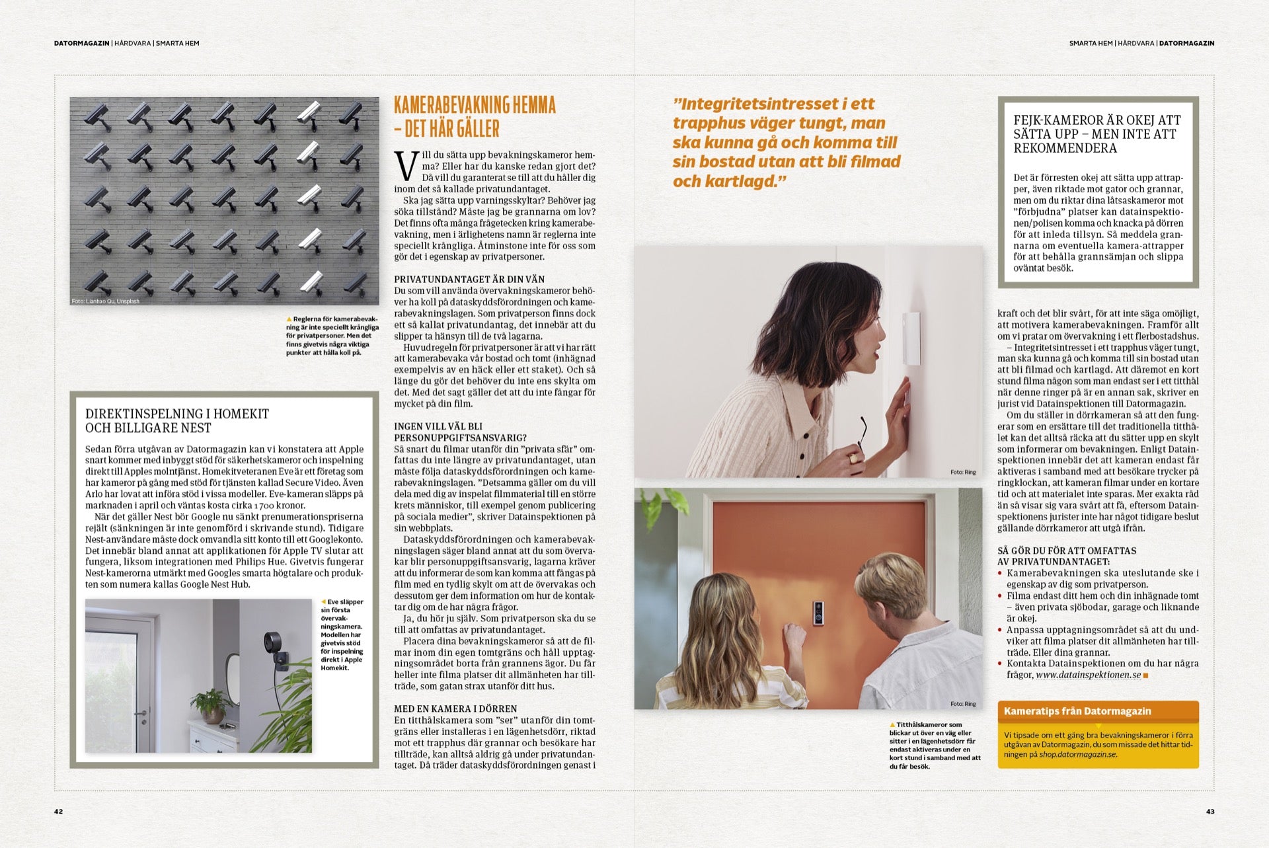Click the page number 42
tap(58, 812)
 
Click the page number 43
tap(1210, 812)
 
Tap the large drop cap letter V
tap(406, 167)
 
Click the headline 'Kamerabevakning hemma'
tap(475, 105)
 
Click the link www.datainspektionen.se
tap(1088, 675)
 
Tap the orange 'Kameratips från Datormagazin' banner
tap(1098, 711)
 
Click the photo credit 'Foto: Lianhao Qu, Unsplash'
tap(106, 301)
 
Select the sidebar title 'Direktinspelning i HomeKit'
tap(177, 414)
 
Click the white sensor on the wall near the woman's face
tap(910, 338)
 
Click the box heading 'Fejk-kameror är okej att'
tap(1097, 120)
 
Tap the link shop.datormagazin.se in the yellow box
tap(1077, 754)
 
